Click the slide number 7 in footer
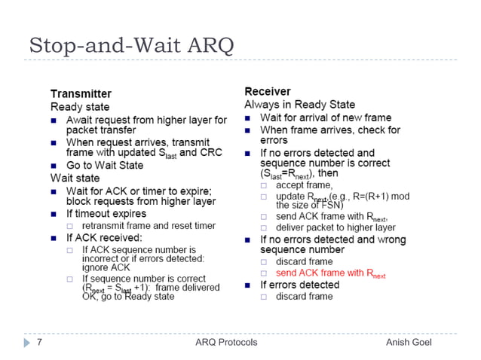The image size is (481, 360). click(38, 342)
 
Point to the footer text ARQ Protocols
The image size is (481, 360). click(225, 342)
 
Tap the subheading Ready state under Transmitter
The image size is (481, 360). click(80, 107)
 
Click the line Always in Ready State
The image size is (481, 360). click(299, 104)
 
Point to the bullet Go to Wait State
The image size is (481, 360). click(106, 166)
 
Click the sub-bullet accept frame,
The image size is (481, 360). click(304, 185)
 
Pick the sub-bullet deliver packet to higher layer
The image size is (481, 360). click(335, 227)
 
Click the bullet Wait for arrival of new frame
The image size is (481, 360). click(325, 117)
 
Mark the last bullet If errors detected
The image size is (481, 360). click(299, 285)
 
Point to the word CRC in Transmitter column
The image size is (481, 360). click(213, 154)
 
